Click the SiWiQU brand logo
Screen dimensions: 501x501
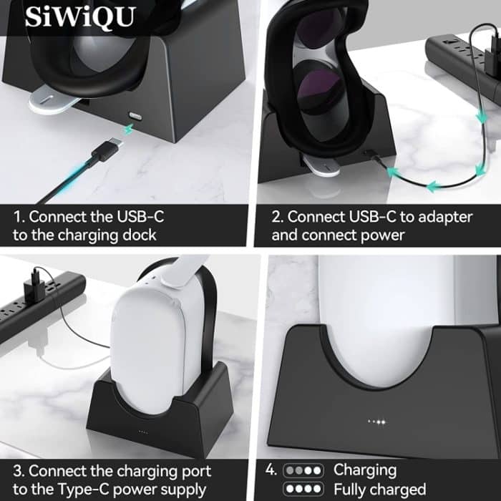[x=79, y=16]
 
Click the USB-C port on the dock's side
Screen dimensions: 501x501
[x=135, y=115]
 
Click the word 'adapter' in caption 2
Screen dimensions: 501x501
[x=427, y=215]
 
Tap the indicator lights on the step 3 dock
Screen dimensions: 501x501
[x=143, y=432]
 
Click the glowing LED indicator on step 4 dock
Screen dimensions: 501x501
[x=377, y=422]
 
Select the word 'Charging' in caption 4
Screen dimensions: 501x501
[x=364, y=470]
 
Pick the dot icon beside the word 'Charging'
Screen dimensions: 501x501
[x=303, y=471]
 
